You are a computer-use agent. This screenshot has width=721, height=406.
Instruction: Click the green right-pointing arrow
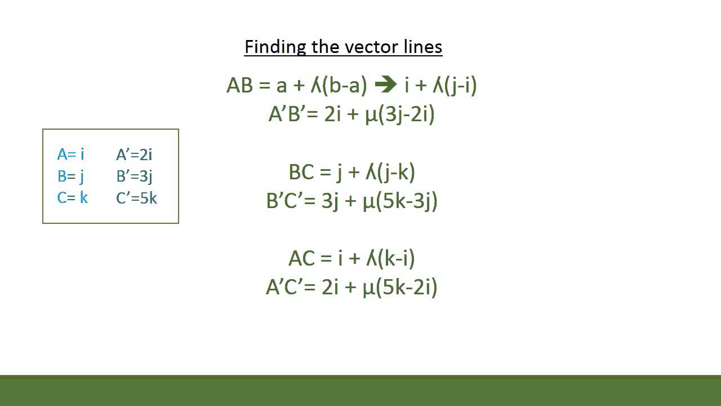(385, 86)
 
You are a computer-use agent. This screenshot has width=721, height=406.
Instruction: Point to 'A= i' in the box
(70, 154)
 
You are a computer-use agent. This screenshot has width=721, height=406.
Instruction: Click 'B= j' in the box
(70, 176)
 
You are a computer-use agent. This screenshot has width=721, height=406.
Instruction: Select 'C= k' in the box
(72, 198)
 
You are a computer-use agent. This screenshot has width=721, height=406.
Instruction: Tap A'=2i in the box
(134, 154)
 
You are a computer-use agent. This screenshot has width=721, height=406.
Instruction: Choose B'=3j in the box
(135, 176)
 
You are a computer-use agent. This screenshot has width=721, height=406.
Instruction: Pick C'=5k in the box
(136, 198)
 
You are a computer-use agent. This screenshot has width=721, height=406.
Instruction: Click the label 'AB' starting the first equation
(239, 86)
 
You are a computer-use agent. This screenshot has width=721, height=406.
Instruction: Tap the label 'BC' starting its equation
(301, 172)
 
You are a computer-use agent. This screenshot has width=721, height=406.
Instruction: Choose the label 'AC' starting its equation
(301, 258)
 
